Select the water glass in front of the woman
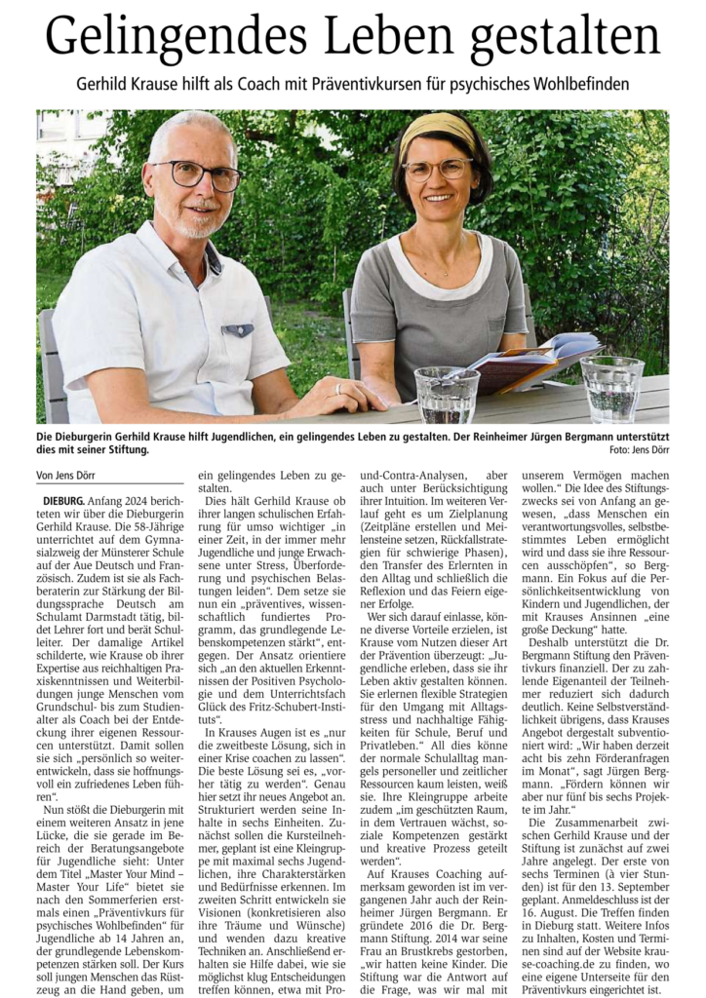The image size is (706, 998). pos(447,394)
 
